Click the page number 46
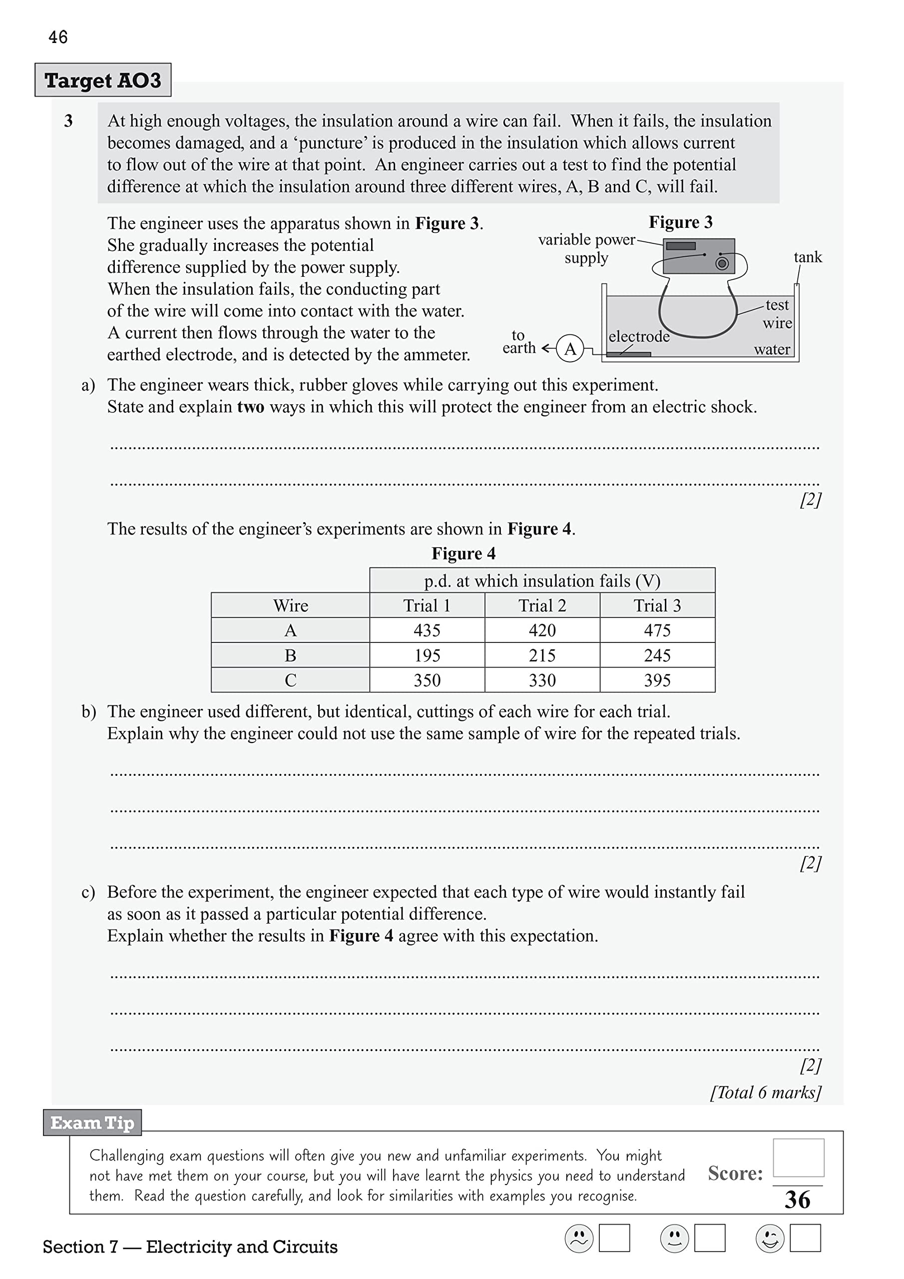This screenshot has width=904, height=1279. (x=58, y=37)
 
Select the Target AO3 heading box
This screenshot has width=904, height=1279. (x=103, y=80)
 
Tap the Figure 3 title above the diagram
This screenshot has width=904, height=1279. (x=680, y=222)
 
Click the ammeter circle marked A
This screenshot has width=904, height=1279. (x=570, y=349)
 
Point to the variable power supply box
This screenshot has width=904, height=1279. (x=699, y=256)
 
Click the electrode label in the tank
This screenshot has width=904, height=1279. (x=639, y=336)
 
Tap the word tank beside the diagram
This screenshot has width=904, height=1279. (x=807, y=257)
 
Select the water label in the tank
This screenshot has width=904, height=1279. (x=772, y=349)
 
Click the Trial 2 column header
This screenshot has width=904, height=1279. (x=542, y=606)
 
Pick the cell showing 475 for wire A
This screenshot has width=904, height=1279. (x=657, y=630)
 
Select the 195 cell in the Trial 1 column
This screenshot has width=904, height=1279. (x=427, y=655)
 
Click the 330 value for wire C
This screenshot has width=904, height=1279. (x=542, y=680)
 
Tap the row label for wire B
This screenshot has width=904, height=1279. (x=290, y=655)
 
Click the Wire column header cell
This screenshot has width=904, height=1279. (x=290, y=606)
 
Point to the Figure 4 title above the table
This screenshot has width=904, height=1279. (x=463, y=554)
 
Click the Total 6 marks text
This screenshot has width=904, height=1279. (x=765, y=1092)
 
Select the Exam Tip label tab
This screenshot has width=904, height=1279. (x=92, y=1123)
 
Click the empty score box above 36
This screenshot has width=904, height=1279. (x=798, y=1158)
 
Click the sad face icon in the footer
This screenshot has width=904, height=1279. (x=579, y=1239)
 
